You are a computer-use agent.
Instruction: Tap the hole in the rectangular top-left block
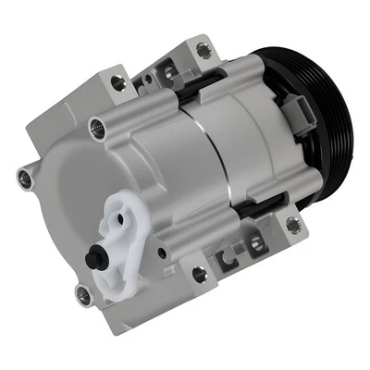click(x=117, y=83)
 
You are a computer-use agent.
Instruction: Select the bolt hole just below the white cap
click(x=83, y=294)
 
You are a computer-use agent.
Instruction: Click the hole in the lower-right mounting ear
click(x=293, y=222)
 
